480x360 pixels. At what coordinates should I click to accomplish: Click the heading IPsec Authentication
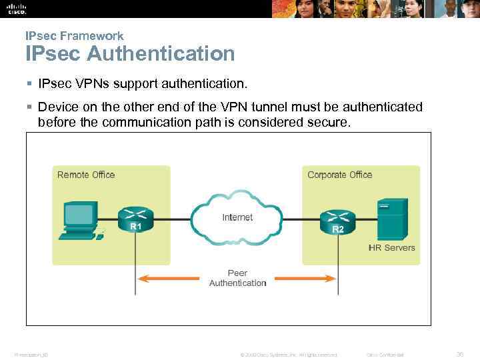click(x=130, y=53)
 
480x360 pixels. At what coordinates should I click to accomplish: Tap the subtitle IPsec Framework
click(x=74, y=36)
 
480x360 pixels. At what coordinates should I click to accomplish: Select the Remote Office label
click(x=86, y=175)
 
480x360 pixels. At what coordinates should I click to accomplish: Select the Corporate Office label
click(x=339, y=175)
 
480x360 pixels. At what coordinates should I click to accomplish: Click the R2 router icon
click(x=338, y=218)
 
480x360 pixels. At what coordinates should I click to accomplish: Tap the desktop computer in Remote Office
click(x=81, y=220)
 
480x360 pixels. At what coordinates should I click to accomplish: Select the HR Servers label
click(x=391, y=247)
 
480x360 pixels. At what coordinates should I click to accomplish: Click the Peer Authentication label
click(x=237, y=278)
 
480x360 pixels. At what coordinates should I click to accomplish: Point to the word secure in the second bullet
click(x=327, y=122)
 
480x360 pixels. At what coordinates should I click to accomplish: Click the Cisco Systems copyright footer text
click(x=288, y=355)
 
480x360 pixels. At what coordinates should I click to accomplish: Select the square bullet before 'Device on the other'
click(x=29, y=107)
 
